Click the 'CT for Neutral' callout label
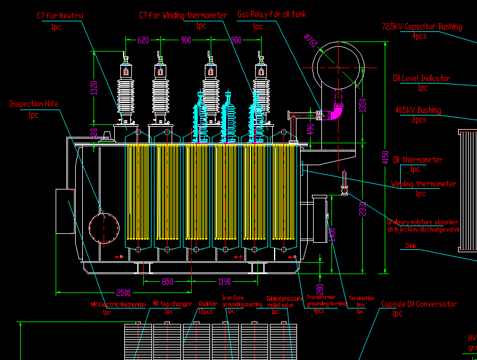coord(59,16)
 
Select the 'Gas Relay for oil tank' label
coord(272,14)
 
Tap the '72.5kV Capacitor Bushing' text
coord(421,27)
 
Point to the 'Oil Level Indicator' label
coord(421,78)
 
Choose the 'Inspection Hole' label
coord(34,104)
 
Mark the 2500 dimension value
coord(123,293)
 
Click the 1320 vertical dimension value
coord(93,88)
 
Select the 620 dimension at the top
coord(143,40)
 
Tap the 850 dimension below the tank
coord(167,282)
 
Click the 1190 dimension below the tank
coord(225,282)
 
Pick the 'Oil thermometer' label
coord(418,160)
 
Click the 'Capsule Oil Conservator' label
coord(418,304)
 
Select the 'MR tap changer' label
coord(172,304)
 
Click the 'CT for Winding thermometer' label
coord(183,15)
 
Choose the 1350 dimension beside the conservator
coord(364,104)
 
